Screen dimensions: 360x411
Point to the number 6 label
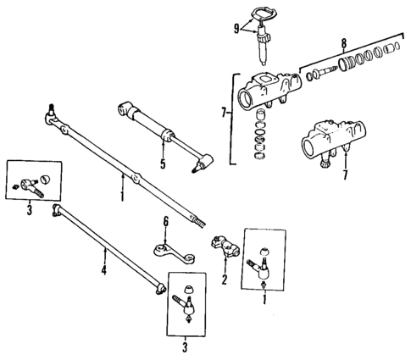[x=166, y=221]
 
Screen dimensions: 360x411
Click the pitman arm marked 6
[x=169, y=248]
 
